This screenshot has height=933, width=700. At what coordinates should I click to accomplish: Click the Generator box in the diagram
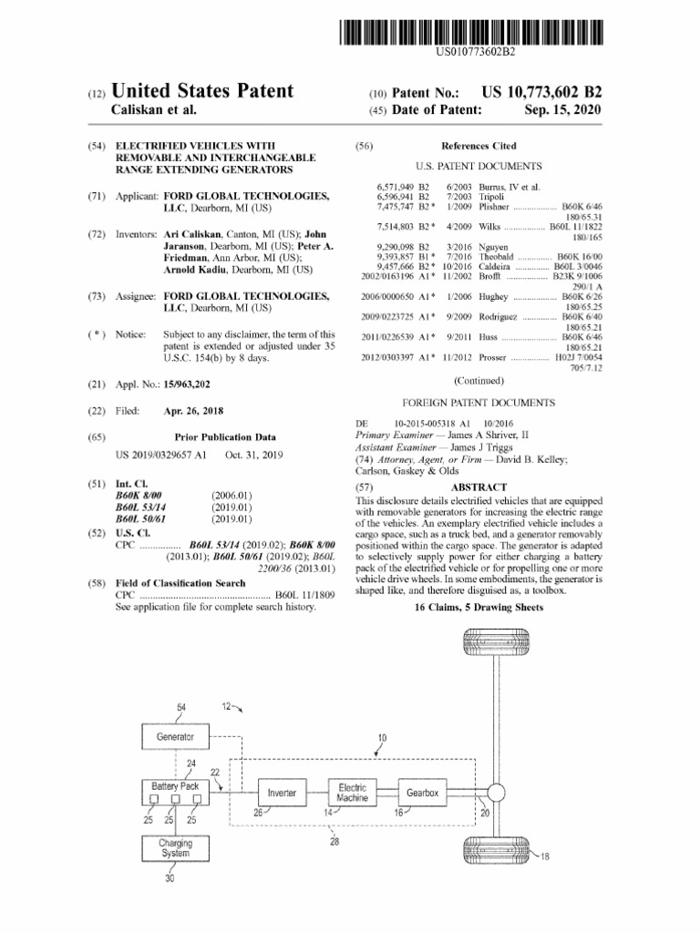click(175, 736)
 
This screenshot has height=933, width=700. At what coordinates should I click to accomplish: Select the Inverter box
click(282, 794)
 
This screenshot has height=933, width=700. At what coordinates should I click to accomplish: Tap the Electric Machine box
click(352, 793)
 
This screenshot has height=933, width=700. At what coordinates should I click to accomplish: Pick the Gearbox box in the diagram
click(422, 794)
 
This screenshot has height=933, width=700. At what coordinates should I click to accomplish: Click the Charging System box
click(175, 848)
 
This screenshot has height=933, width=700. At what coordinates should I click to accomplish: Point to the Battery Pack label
click(175, 785)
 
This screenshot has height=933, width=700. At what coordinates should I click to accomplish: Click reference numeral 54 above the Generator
click(180, 708)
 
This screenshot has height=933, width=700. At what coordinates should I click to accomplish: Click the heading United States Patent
click(201, 91)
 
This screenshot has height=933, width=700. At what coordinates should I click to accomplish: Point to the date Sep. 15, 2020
click(563, 110)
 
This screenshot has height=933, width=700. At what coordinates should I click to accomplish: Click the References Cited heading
click(479, 146)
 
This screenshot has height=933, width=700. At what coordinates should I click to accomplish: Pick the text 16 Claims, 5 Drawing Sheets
click(479, 607)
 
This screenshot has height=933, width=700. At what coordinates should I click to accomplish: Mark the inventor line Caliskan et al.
click(154, 110)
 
